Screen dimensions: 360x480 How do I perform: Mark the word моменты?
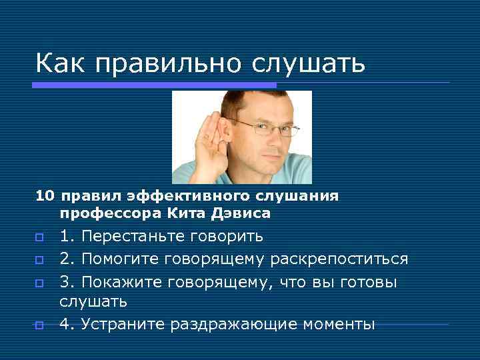click(x=339, y=325)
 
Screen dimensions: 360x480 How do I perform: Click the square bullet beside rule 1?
click(x=40, y=237)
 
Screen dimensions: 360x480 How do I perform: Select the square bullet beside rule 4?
click(x=40, y=325)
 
